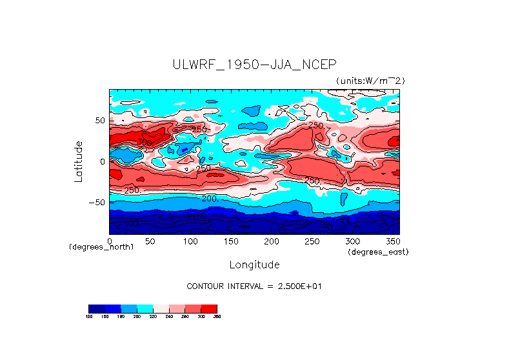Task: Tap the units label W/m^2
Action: coord(370,81)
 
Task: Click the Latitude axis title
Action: coord(78,161)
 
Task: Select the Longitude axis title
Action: coord(254,265)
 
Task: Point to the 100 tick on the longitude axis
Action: coord(190,241)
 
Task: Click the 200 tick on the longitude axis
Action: coord(271,241)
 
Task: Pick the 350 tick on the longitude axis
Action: coord(392,241)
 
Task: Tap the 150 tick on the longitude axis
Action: coord(230,241)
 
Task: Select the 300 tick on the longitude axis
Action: coord(352,241)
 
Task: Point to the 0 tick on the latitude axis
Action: coord(102,161)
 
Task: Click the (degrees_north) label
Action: coord(97,247)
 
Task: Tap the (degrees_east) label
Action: coord(378,252)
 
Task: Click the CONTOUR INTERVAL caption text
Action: coord(254,286)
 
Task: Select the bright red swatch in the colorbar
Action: coord(209,308)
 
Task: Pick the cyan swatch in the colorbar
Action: coord(145,308)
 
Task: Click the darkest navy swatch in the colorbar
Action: coord(96,308)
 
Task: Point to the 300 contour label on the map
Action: coord(145,142)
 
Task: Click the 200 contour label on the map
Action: coord(210,199)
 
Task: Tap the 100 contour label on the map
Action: coord(134,225)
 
